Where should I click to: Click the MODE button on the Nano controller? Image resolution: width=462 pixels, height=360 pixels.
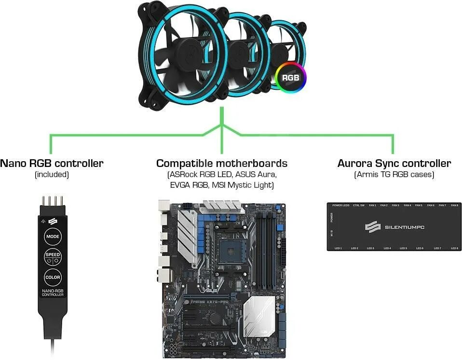click(52, 237)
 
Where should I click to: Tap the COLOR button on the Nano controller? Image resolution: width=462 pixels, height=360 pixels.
click(52, 278)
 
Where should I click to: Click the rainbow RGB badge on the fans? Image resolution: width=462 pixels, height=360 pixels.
click(290, 77)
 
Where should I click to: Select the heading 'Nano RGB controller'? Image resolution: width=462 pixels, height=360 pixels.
click(52, 163)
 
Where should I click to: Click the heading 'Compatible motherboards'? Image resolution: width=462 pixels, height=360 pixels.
click(222, 163)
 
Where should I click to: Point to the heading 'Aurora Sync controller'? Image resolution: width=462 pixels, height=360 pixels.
click(394, 163)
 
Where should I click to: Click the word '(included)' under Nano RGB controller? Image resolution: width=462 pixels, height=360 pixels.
click(52, 175)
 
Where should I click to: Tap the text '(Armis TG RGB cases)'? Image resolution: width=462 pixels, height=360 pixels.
click(394, 175)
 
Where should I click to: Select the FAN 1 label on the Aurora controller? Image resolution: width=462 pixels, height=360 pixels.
click(372, 206)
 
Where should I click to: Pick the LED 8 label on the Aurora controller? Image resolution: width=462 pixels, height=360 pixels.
click(454, 248)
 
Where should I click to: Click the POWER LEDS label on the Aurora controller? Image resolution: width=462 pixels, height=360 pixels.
click(340, 206)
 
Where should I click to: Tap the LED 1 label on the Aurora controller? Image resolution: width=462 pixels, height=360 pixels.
click(338, 248)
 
